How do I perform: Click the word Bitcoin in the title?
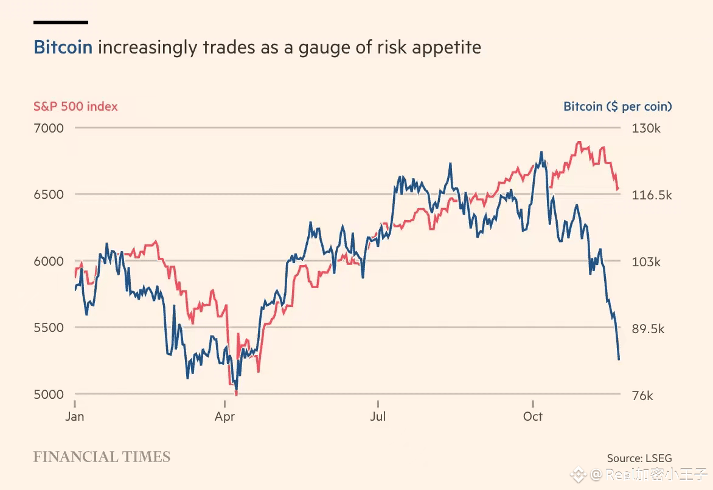point(63,47)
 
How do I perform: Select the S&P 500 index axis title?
point(75,106)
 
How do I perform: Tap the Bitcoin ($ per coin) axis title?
point(617,106)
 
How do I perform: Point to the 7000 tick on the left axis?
point(49,128)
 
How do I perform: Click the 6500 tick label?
point(49,195)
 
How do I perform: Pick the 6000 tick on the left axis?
point(49,261)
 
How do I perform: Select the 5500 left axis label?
point(49,328)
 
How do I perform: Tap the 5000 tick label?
point(49,395)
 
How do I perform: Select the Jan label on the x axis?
point(74,416)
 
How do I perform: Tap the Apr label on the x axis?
point(225,416)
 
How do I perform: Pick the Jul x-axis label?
point(378,416)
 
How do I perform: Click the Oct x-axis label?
point(533,416)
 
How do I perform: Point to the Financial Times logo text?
point(102,457)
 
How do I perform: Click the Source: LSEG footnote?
point(639,458)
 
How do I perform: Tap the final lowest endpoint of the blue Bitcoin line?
point(619,359)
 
